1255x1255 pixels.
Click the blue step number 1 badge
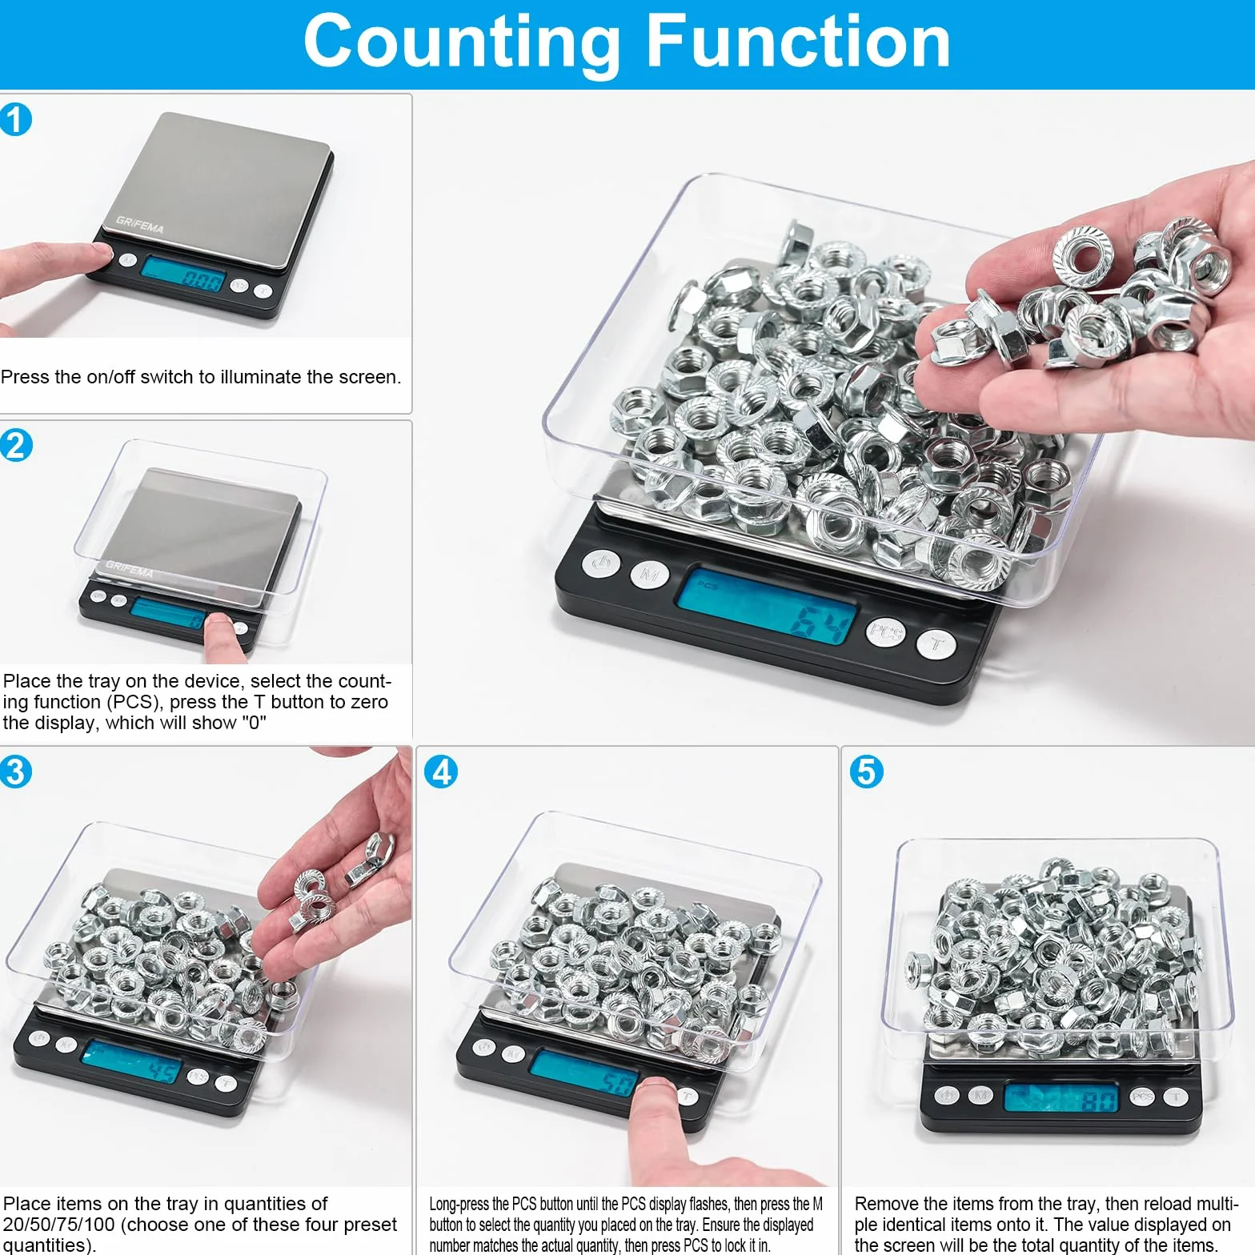click(16, 120)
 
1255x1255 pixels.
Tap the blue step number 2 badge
click(16, 445)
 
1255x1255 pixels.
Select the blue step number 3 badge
click(16, 772)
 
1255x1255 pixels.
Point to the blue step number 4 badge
click(441, 772)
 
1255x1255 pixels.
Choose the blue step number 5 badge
click(867, 772)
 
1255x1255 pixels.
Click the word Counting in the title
click(463, 43)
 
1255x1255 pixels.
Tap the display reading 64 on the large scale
click(766, 605)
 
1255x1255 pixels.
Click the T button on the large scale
click(936, 644)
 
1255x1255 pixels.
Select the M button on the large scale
click(650, 574)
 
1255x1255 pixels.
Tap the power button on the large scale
click(600, 563)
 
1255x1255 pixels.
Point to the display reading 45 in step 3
click(132, 1063)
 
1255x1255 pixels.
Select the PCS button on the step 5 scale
click(1142, 1097)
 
